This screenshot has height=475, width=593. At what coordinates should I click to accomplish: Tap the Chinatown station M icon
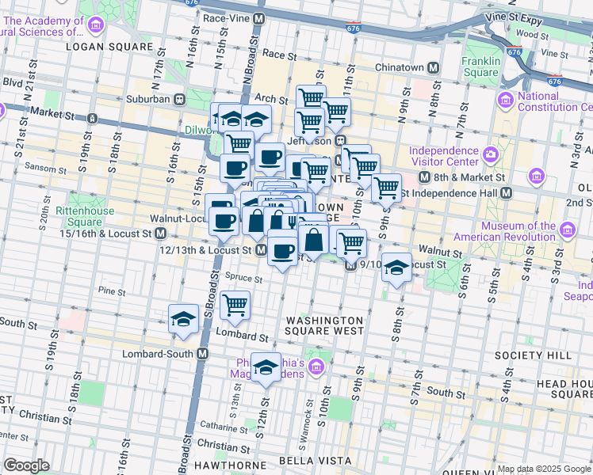[x=433, y=67]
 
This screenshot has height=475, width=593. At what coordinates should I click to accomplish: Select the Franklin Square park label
[x=481, y=67]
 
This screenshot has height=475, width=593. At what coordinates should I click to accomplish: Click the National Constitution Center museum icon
[x=504, y=100]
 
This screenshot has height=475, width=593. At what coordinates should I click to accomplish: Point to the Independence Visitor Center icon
[x=489, y=152]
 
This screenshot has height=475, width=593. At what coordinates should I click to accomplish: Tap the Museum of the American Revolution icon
[x=568, y=231]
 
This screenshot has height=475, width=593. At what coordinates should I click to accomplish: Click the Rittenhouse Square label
[x=84, y=211]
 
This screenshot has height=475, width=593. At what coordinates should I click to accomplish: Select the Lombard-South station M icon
[x=202, y=354]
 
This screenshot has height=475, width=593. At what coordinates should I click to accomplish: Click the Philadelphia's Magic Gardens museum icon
[x=316, y=367]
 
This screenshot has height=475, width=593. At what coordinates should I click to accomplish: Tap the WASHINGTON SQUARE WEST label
[x=324, y=325]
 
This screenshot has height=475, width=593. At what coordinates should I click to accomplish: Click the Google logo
[x=26, y=465]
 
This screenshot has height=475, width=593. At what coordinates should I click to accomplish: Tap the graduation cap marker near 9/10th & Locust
[x=396, y=268]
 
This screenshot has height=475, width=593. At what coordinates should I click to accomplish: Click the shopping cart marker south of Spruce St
[x=235, y=305]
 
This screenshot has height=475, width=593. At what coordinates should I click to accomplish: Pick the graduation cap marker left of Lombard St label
[x=184, y=319]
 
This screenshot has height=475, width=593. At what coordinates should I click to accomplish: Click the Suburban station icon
[x=180, y=100]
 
